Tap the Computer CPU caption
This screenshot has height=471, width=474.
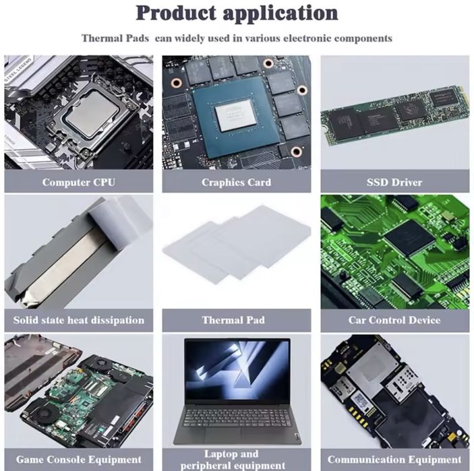(78, 182)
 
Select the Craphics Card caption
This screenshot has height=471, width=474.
(236, 182)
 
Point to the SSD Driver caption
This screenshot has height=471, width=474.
(394, 182)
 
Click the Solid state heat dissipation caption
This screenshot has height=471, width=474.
(78, 320)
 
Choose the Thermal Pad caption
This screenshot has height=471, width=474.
(236, 320)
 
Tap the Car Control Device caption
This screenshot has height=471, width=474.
(394, 320)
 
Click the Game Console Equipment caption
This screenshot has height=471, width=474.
(78, 460)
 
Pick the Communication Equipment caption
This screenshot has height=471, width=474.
(394, 460)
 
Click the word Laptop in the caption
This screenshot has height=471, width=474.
(220, 454)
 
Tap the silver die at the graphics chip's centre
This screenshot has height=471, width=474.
(237, 115)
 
